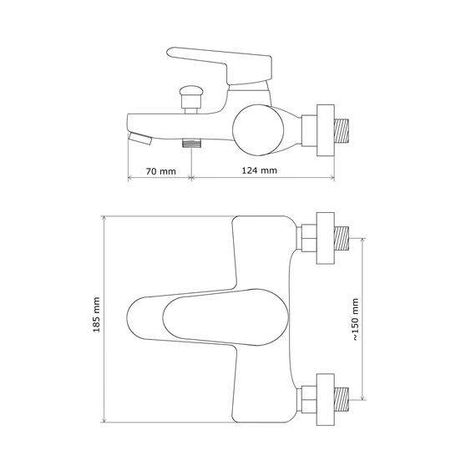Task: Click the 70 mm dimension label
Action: click(x=161, y=171)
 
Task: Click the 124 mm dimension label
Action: click(x=260, y=170)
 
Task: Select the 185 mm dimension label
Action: click(x=97, y=315)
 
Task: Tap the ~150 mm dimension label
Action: click(x=356, y=320)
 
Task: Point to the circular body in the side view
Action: click(x=258, y=130)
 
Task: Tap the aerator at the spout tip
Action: click(x=140, y=139)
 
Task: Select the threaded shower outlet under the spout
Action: click(x=192, y=143)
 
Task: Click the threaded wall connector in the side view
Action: click(x=342, y=130)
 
